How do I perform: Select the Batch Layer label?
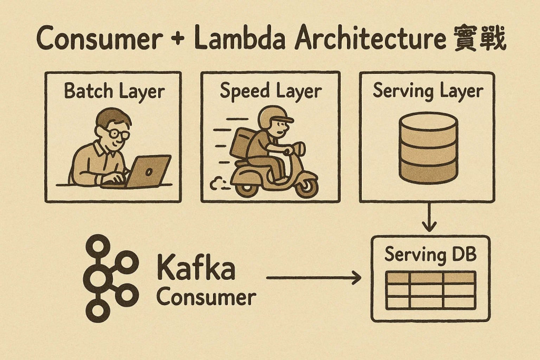pos(114,91)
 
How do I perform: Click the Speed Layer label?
pos(271,91)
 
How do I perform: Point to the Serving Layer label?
pos(428,91)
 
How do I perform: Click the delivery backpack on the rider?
pos(242,145)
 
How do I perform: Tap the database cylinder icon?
pos(428,147)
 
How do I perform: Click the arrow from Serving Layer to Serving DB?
pos(430,217)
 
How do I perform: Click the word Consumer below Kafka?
pos(206,297)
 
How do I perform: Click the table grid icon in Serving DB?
pos(430,289)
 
